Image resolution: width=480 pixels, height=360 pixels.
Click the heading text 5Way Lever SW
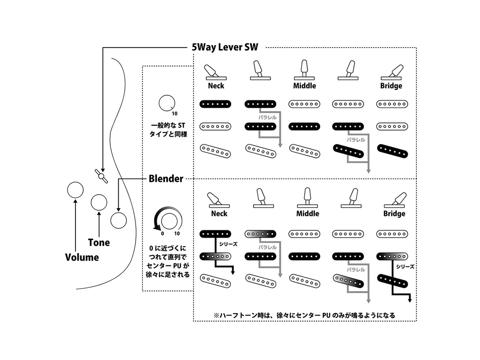point(225,47)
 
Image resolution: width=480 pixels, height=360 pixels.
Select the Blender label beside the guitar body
point(166,178)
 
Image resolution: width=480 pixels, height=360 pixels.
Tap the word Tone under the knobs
point(99,243)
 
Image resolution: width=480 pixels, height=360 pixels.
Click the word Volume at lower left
point(82,257)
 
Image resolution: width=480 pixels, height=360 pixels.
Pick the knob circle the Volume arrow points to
point(75,190)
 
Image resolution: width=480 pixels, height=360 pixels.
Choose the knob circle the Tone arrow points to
point(99,202)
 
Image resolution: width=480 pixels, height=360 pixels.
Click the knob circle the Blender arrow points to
point(118,220)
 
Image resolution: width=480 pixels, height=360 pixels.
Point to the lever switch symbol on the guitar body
point(101,176)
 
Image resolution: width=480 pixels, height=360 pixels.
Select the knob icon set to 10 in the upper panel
point(166,103)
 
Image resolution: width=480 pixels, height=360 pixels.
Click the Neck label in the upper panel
point(216,86)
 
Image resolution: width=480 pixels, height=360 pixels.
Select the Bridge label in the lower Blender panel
point(394,214)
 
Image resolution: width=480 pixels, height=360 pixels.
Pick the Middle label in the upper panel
point(304,86)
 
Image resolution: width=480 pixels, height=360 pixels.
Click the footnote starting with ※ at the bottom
point(304,315)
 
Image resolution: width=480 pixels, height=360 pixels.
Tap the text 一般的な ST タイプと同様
point(168,130)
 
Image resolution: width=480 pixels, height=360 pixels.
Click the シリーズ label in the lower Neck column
point(228,244)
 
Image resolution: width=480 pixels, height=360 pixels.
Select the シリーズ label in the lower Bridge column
point(405,267)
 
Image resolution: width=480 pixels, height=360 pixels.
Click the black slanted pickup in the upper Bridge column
point(392,151)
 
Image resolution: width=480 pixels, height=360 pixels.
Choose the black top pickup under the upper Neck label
point(215,104)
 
